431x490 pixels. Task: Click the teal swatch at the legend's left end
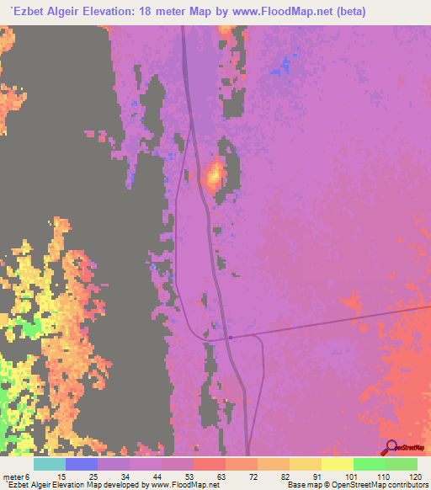pos(50,464)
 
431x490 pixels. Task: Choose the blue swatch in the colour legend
pos(82,464)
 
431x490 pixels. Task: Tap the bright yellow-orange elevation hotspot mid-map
pos(214,176)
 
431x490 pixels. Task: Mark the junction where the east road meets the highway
pos(229,338)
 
